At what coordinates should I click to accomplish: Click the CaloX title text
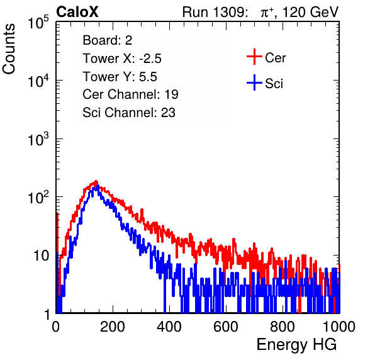click(x=77, y=12)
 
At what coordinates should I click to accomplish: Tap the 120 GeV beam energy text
click(x=311, y=12)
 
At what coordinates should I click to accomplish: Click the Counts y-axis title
click(x=9, y=49)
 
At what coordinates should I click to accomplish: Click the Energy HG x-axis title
click(x=296, y=345)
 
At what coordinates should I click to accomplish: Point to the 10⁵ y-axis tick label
click(x=38, y=23)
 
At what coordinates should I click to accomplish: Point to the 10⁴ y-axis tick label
click(x=38, y=81)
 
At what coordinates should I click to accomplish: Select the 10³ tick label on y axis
click(x=38, y=139)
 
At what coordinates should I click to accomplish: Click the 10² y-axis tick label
click(x=38, y=198)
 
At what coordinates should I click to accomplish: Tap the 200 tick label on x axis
click(x=112, y=327)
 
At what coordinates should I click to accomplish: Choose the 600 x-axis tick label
click(x=226, y=327)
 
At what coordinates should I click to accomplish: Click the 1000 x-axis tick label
click(x=339, y=327)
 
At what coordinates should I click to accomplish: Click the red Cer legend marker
click(x=254, y=57)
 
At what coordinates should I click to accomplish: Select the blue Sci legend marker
click(x=254, y=83)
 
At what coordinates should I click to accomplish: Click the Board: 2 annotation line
click(x=108, y=40)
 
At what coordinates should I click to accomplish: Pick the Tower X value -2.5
click(x=150, y=59)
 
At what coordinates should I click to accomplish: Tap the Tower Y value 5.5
click(x=148, y=77)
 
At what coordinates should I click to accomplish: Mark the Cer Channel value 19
click(x=171, y=94)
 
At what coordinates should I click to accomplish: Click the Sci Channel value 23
click(x=168, y=113)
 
